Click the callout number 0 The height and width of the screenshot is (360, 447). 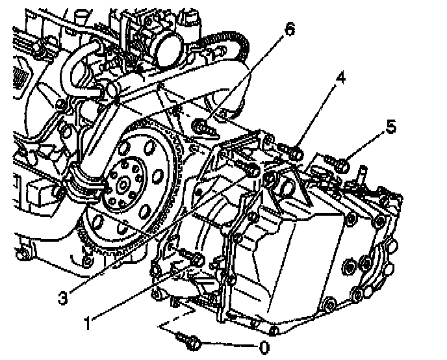(x=264, y=348)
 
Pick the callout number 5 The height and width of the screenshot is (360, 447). (x=390, y=127)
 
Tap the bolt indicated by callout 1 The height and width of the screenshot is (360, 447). (x=194, y=259)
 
